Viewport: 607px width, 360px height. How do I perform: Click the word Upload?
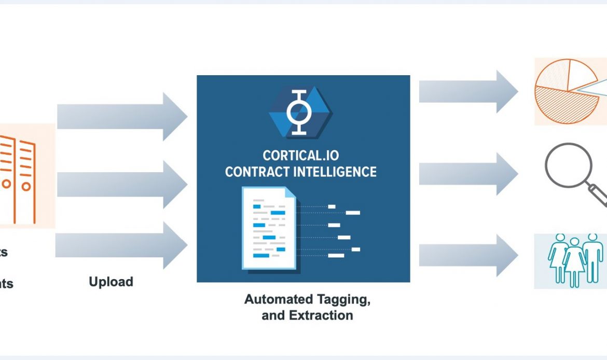[111, 282]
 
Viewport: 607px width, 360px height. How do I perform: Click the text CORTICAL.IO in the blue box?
[301, 155]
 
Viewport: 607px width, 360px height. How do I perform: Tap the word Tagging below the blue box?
[342, 299]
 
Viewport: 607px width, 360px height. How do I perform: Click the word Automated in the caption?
[279, 299]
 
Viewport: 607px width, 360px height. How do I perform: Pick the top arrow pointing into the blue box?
[122, 116]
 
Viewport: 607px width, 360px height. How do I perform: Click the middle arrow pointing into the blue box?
[122, 184]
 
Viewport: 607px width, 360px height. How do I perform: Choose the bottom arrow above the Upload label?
[122, 245]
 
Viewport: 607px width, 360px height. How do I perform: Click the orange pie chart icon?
[565, 92]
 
